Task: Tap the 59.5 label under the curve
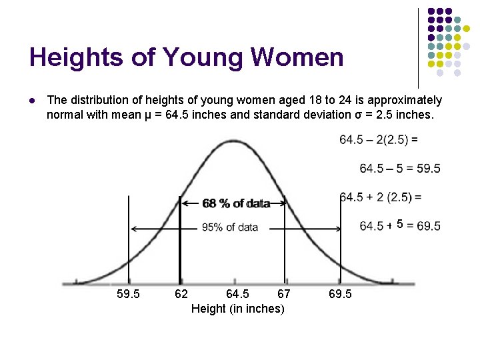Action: [128, 294]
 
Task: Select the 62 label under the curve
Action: [181, 294]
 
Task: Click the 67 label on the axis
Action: [284, 294]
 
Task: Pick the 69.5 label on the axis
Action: [341, 294]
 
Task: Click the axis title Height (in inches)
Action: [238, 309]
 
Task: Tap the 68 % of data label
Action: [237, 203]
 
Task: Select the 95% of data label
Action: [230, 227]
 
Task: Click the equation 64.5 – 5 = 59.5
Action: [400, 169]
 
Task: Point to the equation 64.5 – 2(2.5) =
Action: [379, 140]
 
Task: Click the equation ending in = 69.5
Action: [400, 226]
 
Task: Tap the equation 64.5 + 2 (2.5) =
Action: [381, 197]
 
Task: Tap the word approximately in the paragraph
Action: [405, 101]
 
